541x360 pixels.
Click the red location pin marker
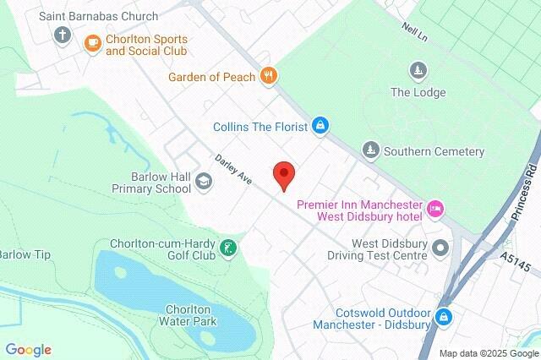coord(283,174)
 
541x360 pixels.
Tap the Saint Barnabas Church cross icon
coord(62,35)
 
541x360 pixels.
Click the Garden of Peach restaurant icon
coord(269,77)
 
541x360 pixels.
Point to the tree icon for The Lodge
coord(417,69)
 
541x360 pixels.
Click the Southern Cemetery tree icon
coord(370,151)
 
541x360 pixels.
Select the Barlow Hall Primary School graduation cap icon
coord(203,181)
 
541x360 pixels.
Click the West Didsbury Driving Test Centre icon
coord(440,248)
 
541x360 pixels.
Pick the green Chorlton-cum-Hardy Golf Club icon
coord(227,248)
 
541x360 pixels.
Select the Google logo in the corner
coord(28,349)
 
